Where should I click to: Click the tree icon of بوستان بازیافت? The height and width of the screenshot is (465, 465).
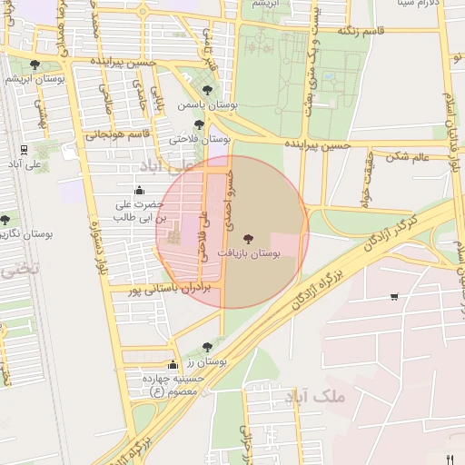click(x=249, y=237)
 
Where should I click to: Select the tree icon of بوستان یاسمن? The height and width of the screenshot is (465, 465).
click(x=208, y=91)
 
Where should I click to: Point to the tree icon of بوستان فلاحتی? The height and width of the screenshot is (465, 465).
click(x=199, y=125)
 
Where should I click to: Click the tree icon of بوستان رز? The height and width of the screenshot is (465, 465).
click(x=208, y=346)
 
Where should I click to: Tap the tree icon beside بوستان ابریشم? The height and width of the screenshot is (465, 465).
click(x=35, y=64)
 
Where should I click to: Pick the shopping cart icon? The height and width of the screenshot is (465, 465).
click(x=393, y=296)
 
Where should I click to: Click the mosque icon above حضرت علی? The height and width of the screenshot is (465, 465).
click(x=139, y=190)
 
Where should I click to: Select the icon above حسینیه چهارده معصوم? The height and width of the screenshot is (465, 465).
click(x=173, y=364)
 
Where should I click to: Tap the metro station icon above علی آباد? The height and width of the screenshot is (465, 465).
click(x=24, y=150)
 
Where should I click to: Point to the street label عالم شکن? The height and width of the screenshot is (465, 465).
click(x=408, y=156)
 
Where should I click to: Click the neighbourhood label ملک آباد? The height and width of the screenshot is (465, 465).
click(x=316, y=397)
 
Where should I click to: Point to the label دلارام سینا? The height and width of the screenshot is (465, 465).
click(x=418, y=4)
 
